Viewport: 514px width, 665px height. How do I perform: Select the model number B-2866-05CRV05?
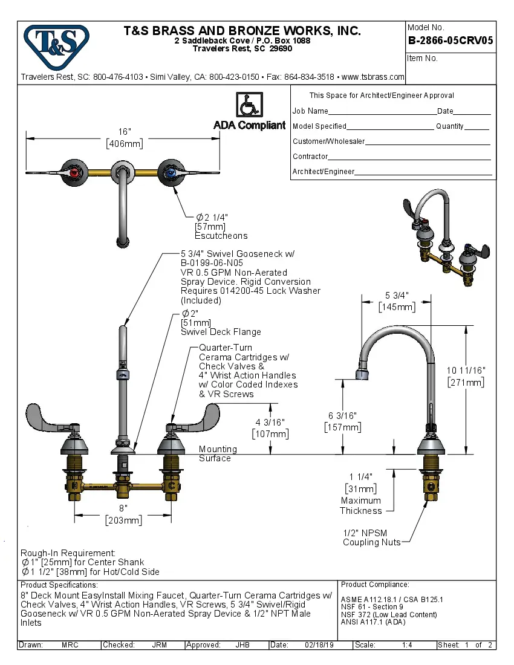click(x=450, y=41)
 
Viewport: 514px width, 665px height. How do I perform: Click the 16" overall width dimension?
click(x=124, y=132)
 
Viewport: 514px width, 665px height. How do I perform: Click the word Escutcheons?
click(x=221, y=236)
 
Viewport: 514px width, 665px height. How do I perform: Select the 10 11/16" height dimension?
click(x=465, y=370)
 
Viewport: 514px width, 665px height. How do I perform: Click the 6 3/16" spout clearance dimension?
click(x=342, y=416)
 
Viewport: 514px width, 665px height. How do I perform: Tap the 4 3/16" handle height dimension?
click(x=270, y=422)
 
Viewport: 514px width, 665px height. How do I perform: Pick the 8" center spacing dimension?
click(x=123, y=510)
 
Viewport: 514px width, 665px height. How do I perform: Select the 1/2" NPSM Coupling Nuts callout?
click(x=371, y=537)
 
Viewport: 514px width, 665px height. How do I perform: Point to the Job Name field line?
click(x=382, y=113)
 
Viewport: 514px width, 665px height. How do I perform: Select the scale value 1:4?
click(x=407, y=645)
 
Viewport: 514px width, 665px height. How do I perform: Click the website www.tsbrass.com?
click(x=372, y=77)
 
